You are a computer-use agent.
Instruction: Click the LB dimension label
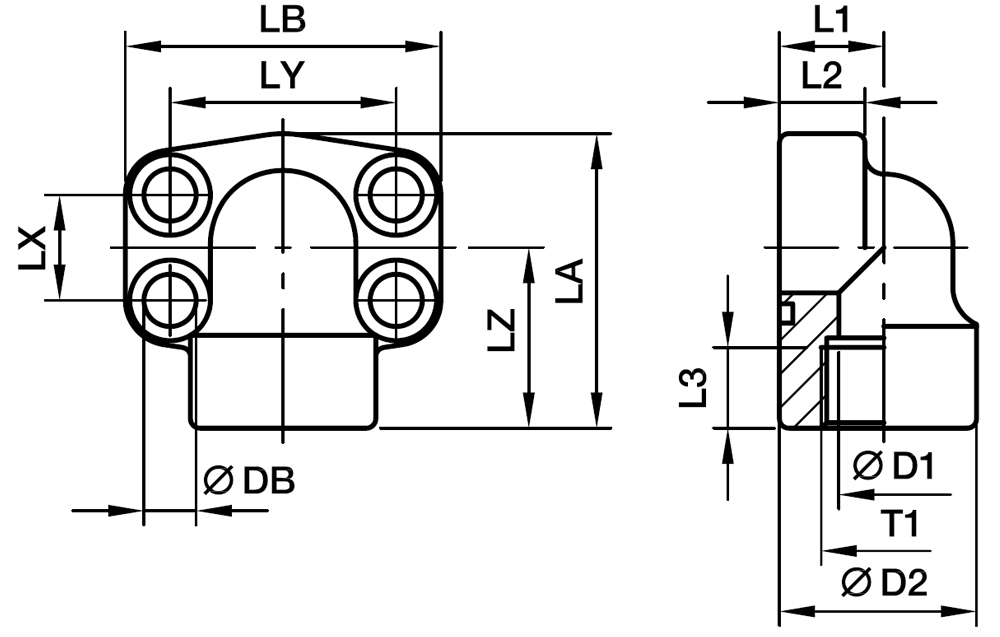(x=283, y=21)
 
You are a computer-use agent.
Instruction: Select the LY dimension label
(x=283, y=78)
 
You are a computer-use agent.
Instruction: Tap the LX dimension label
(x=33, y=247)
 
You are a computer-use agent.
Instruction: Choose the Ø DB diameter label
(x=249, y=481)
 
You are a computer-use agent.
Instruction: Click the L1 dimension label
(x=830, y=21)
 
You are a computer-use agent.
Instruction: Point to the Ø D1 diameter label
(x=894, y=465)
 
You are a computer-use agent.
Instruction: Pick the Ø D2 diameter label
(x=885, y=581)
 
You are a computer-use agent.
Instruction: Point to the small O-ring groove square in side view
(x=786, y=313)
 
